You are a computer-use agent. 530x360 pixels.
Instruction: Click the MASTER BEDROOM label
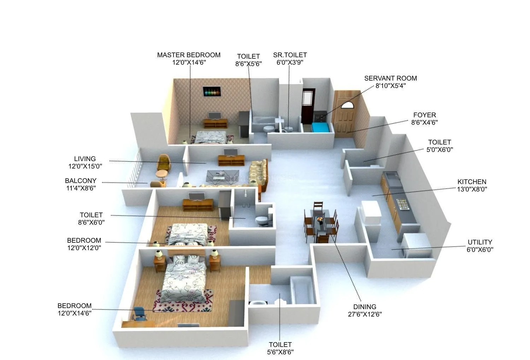click(189, 55)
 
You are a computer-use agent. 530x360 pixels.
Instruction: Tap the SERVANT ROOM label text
click(390, 78)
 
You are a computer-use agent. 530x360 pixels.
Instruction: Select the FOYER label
click(424, 115)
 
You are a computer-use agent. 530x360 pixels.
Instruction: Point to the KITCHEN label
click(472, 182)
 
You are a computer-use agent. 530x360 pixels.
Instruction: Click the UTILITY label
click(479, 242)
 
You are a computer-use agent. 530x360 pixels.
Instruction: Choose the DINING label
click(365, 307)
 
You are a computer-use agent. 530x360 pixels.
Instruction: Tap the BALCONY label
click(81, 181)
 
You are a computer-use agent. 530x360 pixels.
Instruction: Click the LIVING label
click(85, 159)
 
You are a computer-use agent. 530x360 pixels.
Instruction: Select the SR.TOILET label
click(290, 55)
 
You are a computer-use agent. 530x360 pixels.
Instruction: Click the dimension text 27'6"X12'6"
click(365, 314)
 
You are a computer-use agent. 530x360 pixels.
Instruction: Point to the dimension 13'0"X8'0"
click(472, 189)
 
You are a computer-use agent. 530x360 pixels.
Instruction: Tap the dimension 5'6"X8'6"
click(280, 352)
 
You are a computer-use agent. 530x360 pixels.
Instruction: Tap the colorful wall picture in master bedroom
click(212, 91)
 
